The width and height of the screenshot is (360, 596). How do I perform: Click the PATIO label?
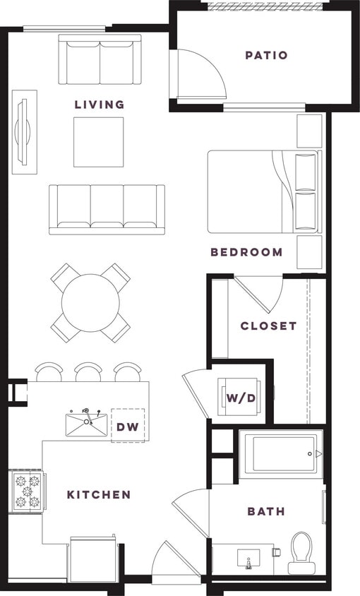point(266,55)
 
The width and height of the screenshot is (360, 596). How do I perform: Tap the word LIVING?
point(100,105)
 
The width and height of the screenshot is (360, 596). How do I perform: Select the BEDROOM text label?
point(246,252)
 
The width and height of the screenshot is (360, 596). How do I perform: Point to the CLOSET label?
point(268,326)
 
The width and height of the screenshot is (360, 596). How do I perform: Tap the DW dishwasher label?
point(128,426)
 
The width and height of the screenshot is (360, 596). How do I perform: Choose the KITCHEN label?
point(99,495)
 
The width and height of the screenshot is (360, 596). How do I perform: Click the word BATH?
point(266,511)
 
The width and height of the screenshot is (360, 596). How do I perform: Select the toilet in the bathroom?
point(301,552)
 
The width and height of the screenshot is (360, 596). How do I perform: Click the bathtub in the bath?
point(280,453)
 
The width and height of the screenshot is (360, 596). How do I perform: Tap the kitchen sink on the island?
point(86,424)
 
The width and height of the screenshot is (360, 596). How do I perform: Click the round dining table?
point(90,304)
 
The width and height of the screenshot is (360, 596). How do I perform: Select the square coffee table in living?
point(99,142)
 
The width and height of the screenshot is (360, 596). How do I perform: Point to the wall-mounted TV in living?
point(25,131)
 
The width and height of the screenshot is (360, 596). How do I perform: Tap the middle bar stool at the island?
point(88,372)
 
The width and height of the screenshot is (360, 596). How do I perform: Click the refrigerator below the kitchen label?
point(92,560)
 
